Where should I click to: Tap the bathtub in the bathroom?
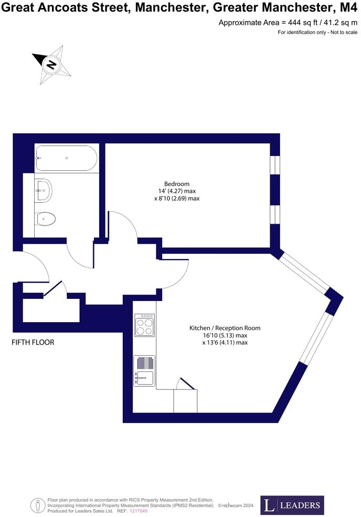(x=66, y=158)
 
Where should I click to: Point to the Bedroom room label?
(x=176, y=183)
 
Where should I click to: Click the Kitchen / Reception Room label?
(x=225, y=328)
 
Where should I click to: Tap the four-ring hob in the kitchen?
(x=144, y=325)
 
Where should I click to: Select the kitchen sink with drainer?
(x=144, y=370)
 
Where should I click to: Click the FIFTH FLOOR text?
(x=33, y=342)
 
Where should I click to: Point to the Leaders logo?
(x=292, y=505)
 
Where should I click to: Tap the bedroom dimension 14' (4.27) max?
(x=176, y=191)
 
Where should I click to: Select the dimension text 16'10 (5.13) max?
(x=225, y=335)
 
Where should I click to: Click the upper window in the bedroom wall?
(x=274, y=164)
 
